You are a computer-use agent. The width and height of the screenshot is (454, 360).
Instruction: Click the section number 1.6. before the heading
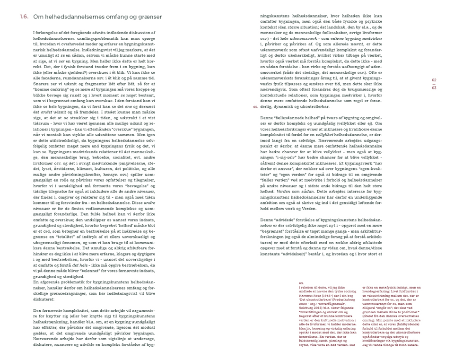[x=24, y=17]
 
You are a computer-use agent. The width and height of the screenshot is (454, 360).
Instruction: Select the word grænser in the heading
[x=151, y=17]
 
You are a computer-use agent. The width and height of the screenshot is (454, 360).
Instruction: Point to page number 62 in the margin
[x=434, y=80]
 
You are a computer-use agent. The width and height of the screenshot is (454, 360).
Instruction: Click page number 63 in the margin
[x=434, y=88]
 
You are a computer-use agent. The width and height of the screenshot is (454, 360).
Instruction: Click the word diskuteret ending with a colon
[x=44, y=299]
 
